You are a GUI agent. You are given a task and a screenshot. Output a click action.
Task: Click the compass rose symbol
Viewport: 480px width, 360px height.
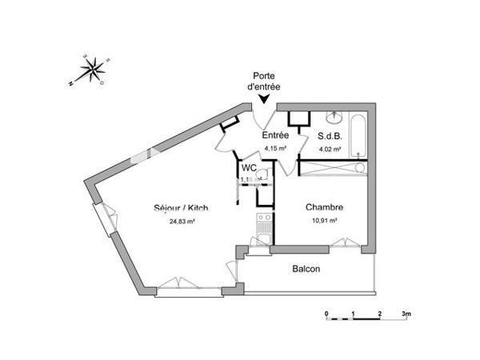tap(94, 69)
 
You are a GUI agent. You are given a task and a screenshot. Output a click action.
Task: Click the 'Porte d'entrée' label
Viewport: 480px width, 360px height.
tap(265, 81)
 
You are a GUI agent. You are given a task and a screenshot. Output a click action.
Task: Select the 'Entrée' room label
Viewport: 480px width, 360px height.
tap(275, 136)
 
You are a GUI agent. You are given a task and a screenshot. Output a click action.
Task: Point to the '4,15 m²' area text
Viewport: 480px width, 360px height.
tap(275, 149)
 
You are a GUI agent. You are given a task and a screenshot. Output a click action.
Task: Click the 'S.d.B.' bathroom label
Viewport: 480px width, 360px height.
tap(331, 136)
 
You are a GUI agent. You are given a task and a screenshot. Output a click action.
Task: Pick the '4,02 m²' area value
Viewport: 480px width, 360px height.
tap(331, 149)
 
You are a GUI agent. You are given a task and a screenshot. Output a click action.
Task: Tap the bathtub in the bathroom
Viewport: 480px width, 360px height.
tap(358, 137)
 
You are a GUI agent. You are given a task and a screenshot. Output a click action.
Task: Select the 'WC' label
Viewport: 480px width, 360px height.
tap(249, 168)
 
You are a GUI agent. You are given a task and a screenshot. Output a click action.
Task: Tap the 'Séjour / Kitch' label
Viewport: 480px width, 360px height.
tap(181, 210)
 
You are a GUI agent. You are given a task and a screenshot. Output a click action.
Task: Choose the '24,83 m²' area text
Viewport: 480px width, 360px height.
tap(182, 222)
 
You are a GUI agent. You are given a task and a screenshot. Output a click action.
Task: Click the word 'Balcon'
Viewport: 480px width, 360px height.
tap(306, 269)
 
